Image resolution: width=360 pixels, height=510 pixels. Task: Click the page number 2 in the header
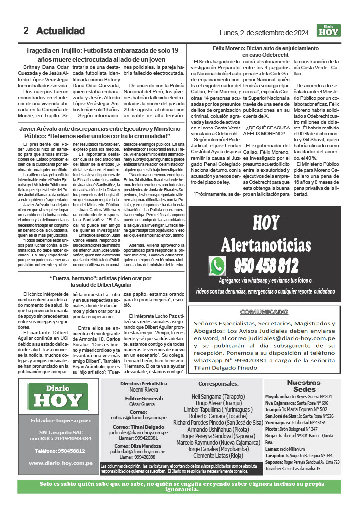[x=26, y=31]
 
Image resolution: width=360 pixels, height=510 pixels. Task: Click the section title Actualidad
[x=60, y=31]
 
